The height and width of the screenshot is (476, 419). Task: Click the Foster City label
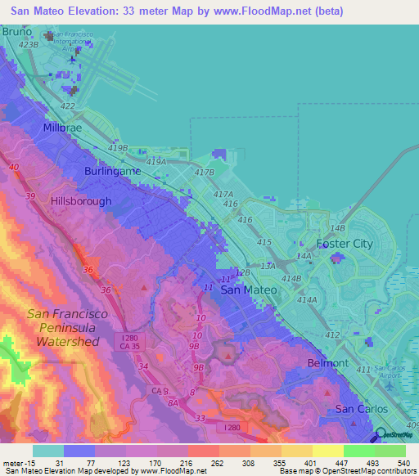click(345, 244)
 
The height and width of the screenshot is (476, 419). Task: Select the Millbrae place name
click(66, 129)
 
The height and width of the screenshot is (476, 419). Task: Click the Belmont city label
click(327, 362)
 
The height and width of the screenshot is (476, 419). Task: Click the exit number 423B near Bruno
click(29, 44)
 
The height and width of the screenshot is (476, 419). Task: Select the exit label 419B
click(117, 148)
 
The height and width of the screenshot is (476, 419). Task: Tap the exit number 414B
click(291, 279)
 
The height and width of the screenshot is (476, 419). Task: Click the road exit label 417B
click(203, 173)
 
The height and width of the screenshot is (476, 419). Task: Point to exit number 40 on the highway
click(14, 167)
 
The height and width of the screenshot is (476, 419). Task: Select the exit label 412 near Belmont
click(331, 335)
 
